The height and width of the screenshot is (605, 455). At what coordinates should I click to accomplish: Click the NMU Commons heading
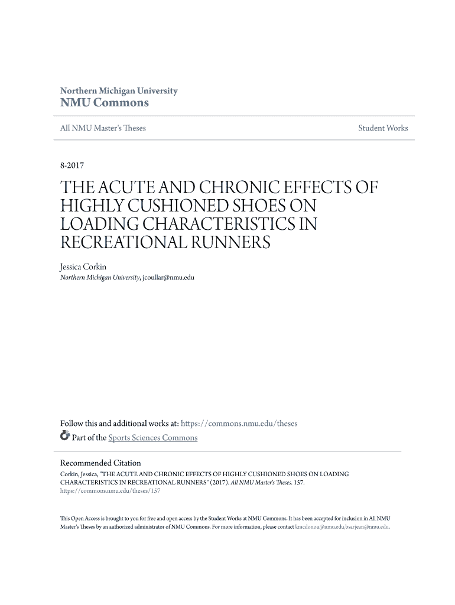[105, 103]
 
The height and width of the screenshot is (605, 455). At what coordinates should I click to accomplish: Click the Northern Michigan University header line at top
[119, 91]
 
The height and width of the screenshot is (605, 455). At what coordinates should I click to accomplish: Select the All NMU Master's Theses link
[103, 128]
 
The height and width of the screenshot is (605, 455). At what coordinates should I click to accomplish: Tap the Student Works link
[383, 128]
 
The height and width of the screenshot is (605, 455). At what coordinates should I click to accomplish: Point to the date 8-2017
[72, 167]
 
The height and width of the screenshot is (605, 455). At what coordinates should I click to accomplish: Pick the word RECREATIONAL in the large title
[122, 243]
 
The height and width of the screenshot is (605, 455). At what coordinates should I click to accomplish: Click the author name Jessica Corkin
[83, 267]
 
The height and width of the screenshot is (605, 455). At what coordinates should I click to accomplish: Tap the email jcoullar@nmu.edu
[168, 277]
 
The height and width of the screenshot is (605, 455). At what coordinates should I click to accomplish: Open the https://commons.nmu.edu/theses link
[239, 424]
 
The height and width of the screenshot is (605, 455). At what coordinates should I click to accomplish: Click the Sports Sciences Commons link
[153, 438]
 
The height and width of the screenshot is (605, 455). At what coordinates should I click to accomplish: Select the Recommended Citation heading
[100, 463]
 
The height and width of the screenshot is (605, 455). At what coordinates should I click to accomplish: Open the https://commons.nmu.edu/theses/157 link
[110, 491]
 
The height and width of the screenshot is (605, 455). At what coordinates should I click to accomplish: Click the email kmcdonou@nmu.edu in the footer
[320, 526]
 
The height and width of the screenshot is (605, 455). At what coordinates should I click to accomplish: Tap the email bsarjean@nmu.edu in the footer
[368, 526]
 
